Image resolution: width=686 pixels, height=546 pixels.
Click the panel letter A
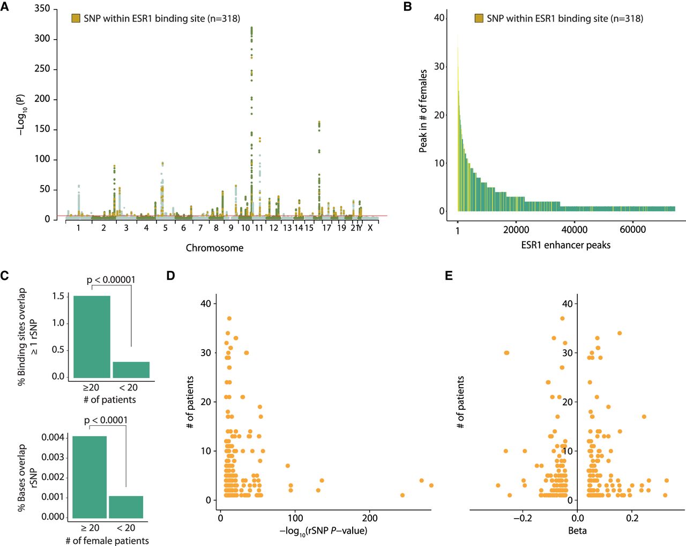click(x=5, y=7)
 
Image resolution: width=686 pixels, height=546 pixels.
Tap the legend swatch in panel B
click(x=479, y=18)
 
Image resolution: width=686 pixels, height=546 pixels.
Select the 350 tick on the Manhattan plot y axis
click(x=42, y=9)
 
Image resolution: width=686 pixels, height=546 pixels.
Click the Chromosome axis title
click(x=214, y=248)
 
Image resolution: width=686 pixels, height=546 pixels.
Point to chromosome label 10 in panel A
click(x=245, y=228)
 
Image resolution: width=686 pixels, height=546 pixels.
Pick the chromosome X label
click(x=370, y=228)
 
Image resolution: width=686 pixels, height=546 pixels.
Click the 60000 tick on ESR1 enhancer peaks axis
click(x=632, y=230)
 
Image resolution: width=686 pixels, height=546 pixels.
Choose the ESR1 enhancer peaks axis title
click(x=565, y=245)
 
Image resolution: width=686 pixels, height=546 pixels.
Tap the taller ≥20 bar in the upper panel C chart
click(x=92, y=337)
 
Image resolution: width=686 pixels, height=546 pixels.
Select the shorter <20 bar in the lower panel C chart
click(x=126, y=507)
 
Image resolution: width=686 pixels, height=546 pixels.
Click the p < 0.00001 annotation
click(x=111, y=279)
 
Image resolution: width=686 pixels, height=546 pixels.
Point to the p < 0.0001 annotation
click(x=106, y=420)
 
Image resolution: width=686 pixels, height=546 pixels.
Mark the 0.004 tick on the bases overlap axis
click(x=53, y=437)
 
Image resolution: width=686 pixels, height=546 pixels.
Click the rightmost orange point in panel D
click(x=431, y=485)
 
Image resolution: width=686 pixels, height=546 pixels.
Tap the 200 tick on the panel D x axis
click(x=369, y=518)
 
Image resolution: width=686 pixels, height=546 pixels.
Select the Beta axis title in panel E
click(x=577, y=530)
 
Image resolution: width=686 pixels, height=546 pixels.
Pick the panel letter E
click(x=449, y=276)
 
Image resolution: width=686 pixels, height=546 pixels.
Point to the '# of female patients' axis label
click(x=107, y=541)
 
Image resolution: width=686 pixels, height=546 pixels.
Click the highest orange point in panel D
click(x=229, y=319)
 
